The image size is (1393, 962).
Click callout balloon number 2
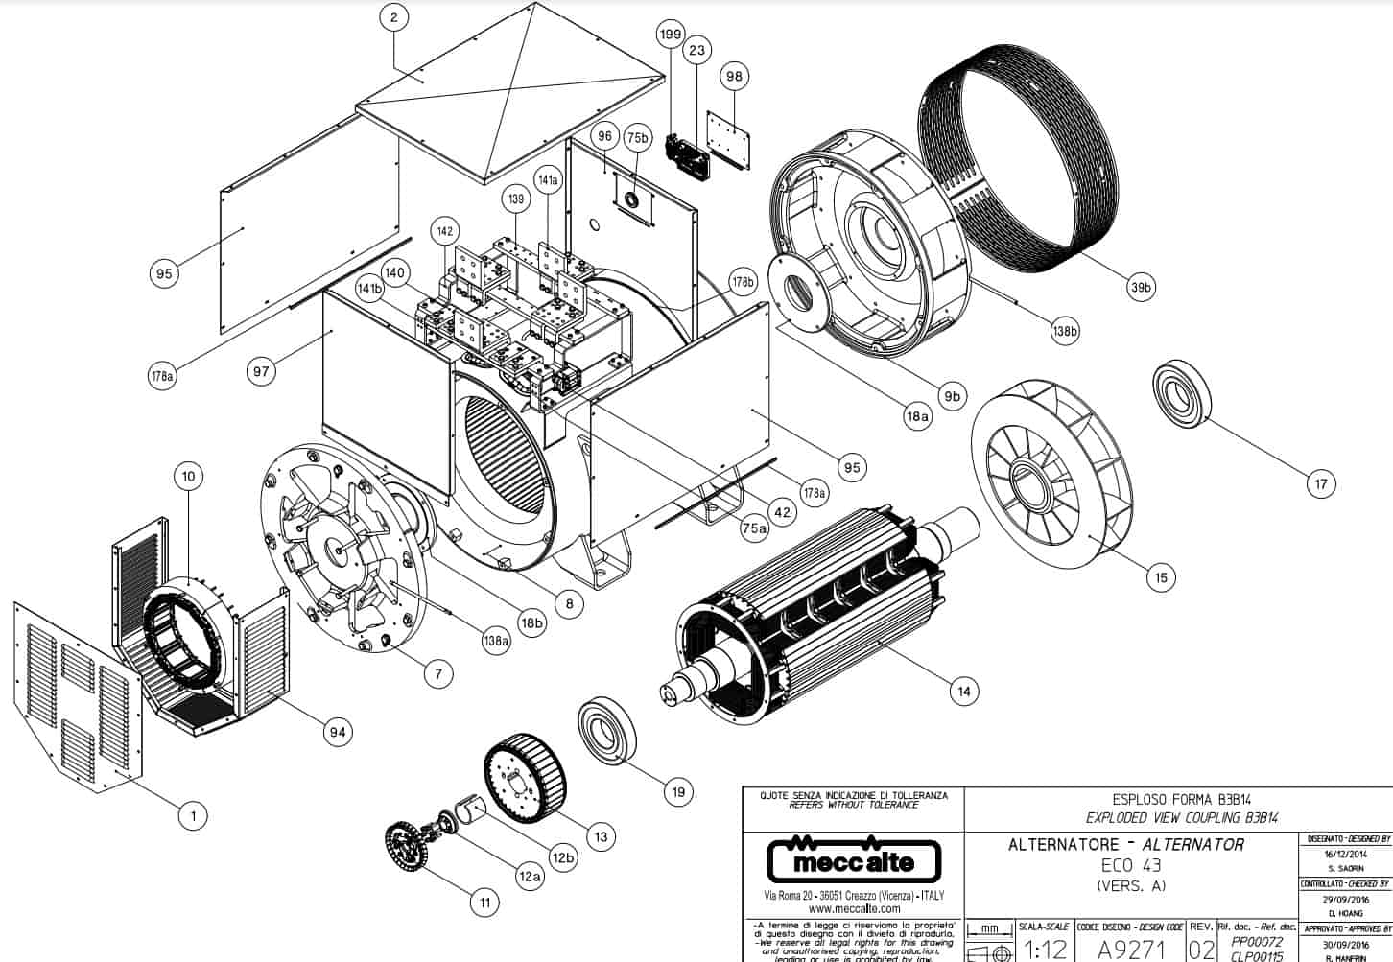point(394,16)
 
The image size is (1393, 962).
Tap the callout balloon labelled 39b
point(1140,288)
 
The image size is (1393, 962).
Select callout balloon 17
point(1321,483)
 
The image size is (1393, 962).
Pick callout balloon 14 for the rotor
point(963,691)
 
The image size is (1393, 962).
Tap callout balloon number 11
point(484,902)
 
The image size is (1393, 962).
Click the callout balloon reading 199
point(670,35)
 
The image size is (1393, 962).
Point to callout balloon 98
point(735,77)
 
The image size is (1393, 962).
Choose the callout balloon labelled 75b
point(637,138)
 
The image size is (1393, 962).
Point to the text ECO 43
point(1130,865)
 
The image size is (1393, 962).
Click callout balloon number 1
point(193,816)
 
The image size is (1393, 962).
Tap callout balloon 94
point(337,733)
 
